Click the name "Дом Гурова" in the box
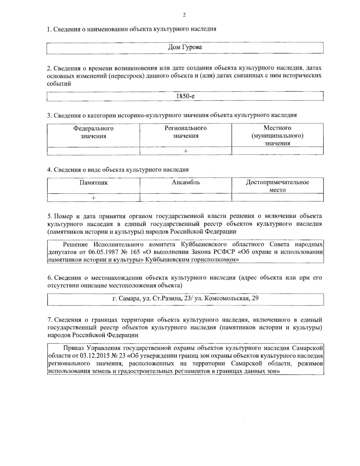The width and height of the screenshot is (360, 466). click(x=185, y=47)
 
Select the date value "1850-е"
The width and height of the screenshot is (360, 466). click(x=185, y=96)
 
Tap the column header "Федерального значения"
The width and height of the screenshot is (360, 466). click(x=94, y=132)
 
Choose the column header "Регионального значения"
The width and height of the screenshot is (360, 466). click(x=185, y=132)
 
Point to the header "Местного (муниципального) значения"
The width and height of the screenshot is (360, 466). click(x=277, y=136)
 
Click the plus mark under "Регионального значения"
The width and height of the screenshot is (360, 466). click(x=186, y=151)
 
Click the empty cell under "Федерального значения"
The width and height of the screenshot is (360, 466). click(x=94, y=151)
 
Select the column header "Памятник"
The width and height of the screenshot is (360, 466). click(x=94, y=182)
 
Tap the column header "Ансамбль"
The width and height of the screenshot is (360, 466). click(x=186, y=182)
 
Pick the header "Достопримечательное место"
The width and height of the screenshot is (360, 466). click(x=277, y=186)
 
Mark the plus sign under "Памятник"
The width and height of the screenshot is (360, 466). click(x=94, y=198)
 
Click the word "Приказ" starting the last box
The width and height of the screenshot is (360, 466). click(x=74, y=348)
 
